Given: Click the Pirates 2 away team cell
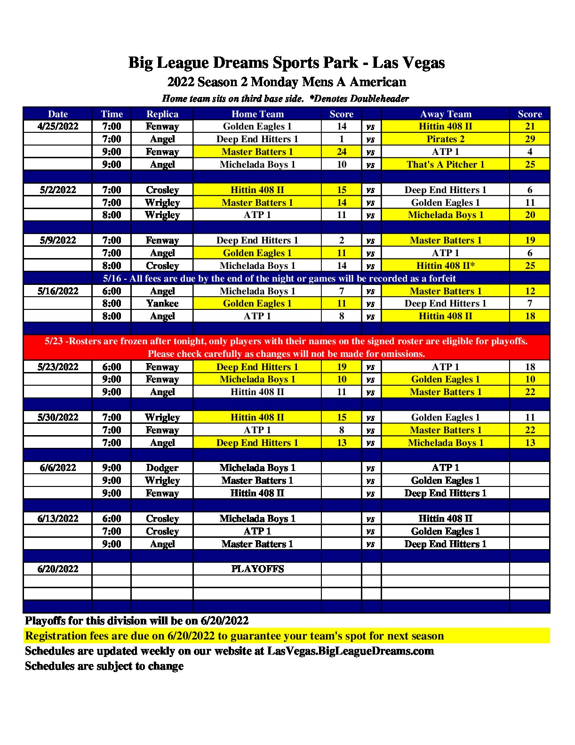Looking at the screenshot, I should coord(445,139).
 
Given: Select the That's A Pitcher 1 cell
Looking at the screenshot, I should coord(445,164).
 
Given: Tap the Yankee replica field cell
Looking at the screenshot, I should coord(162,303).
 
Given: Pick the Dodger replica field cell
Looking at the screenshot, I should coord(162,468).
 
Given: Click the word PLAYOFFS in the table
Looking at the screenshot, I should coord(257,569).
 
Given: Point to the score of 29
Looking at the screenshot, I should coord(530,139).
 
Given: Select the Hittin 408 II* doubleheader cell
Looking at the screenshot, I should coord(445,266).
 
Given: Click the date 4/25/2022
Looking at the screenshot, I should coord(58,126).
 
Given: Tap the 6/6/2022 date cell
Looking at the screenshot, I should coord(58,468).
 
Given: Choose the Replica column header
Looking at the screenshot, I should coord(162,114).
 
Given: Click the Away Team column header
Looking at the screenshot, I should coord(445,114).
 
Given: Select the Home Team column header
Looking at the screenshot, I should coord(257,114).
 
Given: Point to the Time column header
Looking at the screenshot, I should coord(112,114).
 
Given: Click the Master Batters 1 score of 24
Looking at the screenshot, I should coord(342,152).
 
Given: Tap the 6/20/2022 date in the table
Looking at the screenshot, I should coord(58,569).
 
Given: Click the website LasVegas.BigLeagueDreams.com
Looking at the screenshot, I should coord(350,651).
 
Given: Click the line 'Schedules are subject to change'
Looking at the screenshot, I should coord(104,666).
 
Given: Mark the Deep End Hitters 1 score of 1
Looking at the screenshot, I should coord(342,139).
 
